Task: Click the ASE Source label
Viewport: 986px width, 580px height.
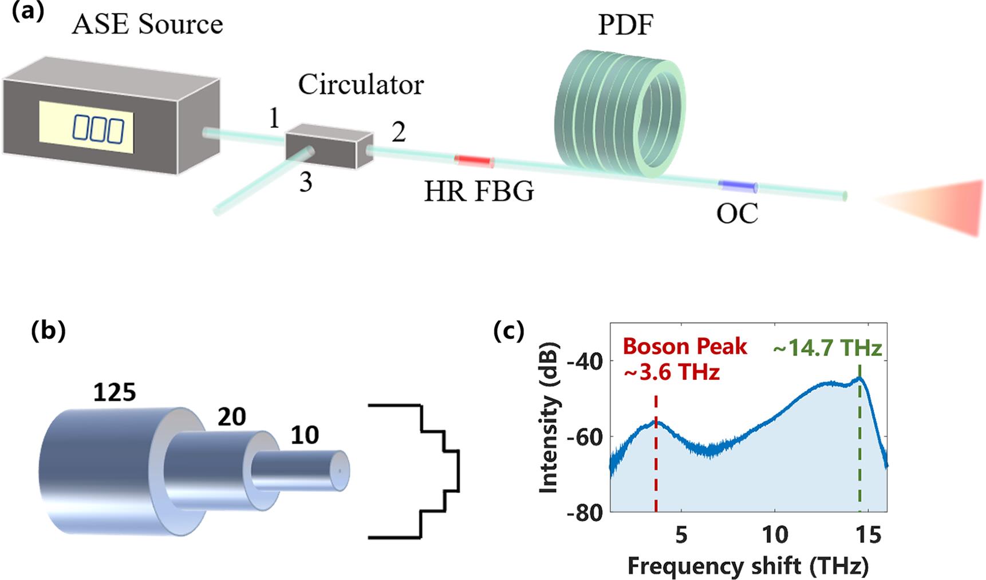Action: (x=147, y=25)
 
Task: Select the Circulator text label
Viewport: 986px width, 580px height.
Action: (x=361, y=85)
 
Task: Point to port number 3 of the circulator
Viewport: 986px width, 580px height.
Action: (x=306, y=182)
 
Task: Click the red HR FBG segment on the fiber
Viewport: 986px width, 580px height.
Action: (x=474, y=161)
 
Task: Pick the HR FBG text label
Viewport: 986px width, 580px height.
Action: (x=479, y=192)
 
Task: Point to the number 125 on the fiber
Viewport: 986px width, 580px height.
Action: (x=115, y=392)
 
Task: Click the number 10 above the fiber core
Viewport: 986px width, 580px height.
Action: (x=304, y=436)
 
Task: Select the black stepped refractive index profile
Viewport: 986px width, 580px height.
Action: (x=424, y=471)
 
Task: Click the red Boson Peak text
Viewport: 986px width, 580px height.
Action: (x=685, y=347)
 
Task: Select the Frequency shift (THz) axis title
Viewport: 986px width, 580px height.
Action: (x=748, y=566)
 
